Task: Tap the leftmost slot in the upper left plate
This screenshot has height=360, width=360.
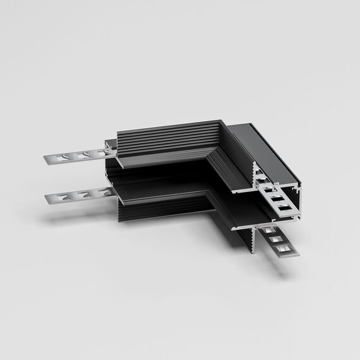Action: click(64, 158)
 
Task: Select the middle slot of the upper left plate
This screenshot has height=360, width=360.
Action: click(81, 155)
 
